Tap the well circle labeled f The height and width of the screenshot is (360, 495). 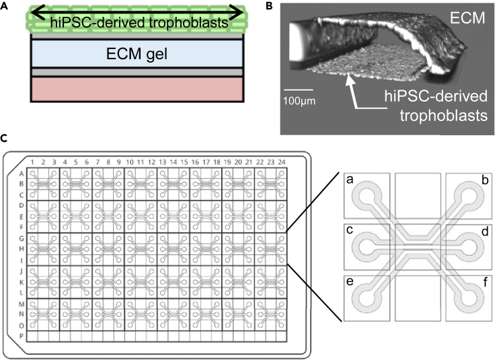[x=468, y=297]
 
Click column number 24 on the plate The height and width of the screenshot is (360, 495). [x=282, y=161]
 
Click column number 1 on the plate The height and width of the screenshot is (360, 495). [x=31, y=161]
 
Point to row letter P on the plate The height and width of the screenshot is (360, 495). [x=21, y=335]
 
